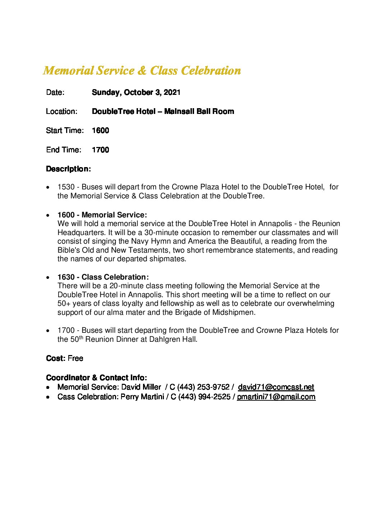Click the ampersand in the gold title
coord(142,70)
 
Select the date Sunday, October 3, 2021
coord(136,92)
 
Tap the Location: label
coord(61,111)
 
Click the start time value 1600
coord(100,130)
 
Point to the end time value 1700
coord(100,150)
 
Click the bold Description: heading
coord(68,169)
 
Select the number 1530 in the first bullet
coord(66,187)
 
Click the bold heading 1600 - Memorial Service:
coord(102,215)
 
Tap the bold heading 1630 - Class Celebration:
coord(103,277)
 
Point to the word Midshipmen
coord(233,312)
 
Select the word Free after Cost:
coord(75,358)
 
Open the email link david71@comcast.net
coord(276,387)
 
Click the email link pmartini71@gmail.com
coord(276,397)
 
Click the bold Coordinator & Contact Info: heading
coord(96,378)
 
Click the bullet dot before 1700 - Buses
coord(48,331)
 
